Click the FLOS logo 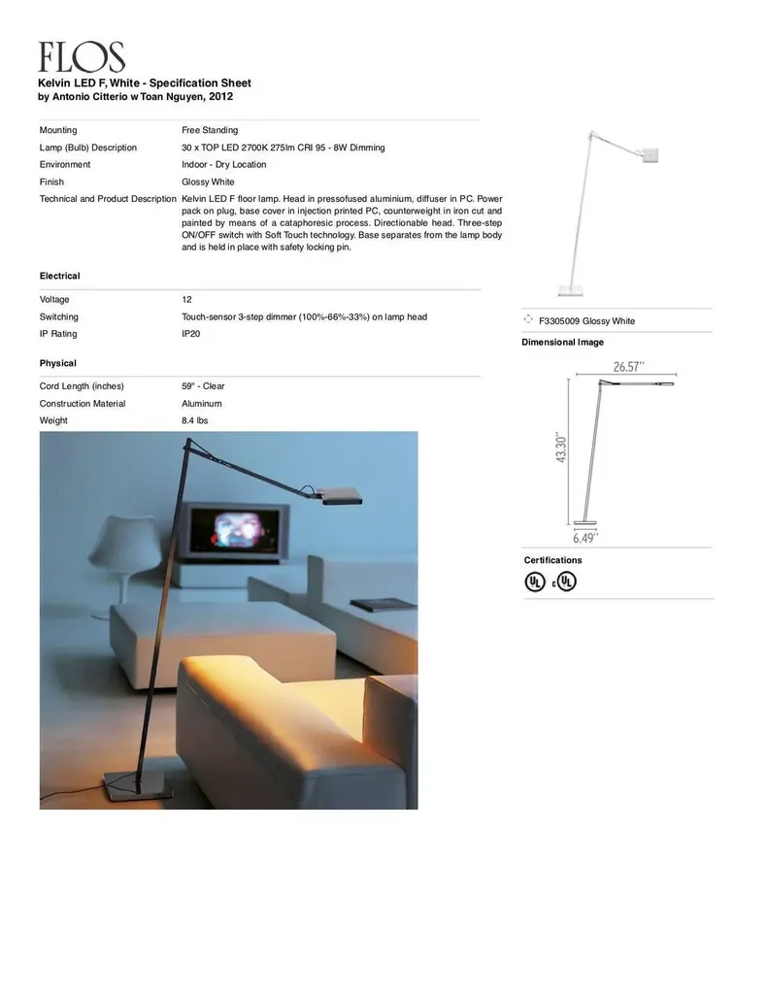pyautogui.click(x=82, y=57)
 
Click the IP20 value pyautogui.click(x=191, y=334)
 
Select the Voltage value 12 pyautogui.click(x=186, y=300)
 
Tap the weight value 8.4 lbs pyautogui.click(x=194, y=420)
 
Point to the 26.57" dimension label pyautogui.click(x=629, y=366)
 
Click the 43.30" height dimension pyautogui.click(x=561, y=447)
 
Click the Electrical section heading pyautogui.click(x=59, y=277)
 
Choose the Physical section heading pyautogui.click(x=57, y=363)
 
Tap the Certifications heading pyautogui.click(x=552, y=560)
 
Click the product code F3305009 pyautogui.click(x=559, y=321)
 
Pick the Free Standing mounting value pyautogui.click(x=210, y=130)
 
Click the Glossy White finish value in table pyautogui.click(x=208, y=182)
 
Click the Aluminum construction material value pyautogui.click(x=201, y=404)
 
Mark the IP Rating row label pyautogui.click(x=58, y=334)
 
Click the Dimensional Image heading pyautogui.click(x=562, y=343)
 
